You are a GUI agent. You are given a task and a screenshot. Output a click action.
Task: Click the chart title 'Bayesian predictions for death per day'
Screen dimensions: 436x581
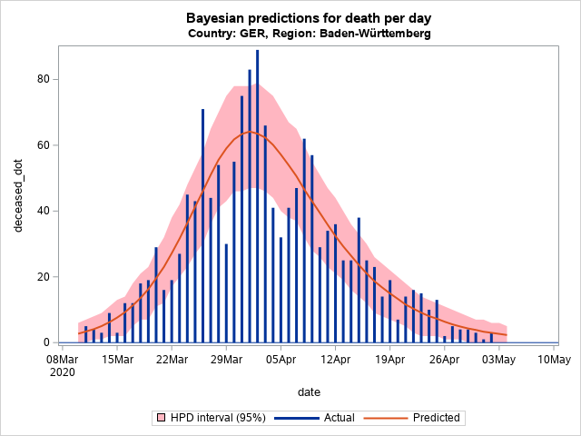tap(309, 18)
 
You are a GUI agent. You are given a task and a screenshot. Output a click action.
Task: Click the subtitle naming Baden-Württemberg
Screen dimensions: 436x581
tap(309, 34)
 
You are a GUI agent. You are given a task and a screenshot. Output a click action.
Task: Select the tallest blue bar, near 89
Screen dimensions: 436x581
tap(257, 195)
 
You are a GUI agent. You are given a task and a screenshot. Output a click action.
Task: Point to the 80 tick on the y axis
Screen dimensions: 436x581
tap(42, 80)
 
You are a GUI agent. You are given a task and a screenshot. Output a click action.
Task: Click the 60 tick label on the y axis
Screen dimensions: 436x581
tap(42, 145)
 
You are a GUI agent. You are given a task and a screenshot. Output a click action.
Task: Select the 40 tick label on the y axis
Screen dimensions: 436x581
tap(42, 212)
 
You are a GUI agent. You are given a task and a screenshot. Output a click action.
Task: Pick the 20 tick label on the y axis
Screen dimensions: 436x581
tap(42, 277)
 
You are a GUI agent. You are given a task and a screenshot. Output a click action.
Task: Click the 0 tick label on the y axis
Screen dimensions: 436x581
tap(45, 343)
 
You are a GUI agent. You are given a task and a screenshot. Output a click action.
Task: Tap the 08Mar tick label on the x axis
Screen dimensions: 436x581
tap(61, 360)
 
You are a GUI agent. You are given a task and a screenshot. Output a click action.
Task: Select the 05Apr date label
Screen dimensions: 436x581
tap(281, 360)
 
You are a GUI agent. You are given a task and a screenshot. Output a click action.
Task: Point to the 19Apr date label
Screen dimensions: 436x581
tap(390, 360)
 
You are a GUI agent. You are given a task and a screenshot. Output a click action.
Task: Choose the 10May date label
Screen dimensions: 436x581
tap(554, 360)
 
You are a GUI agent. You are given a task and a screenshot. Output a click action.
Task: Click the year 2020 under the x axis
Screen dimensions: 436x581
tap(61, 372)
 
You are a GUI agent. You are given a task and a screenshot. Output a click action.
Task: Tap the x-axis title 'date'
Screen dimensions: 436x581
tap(309, 391)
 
